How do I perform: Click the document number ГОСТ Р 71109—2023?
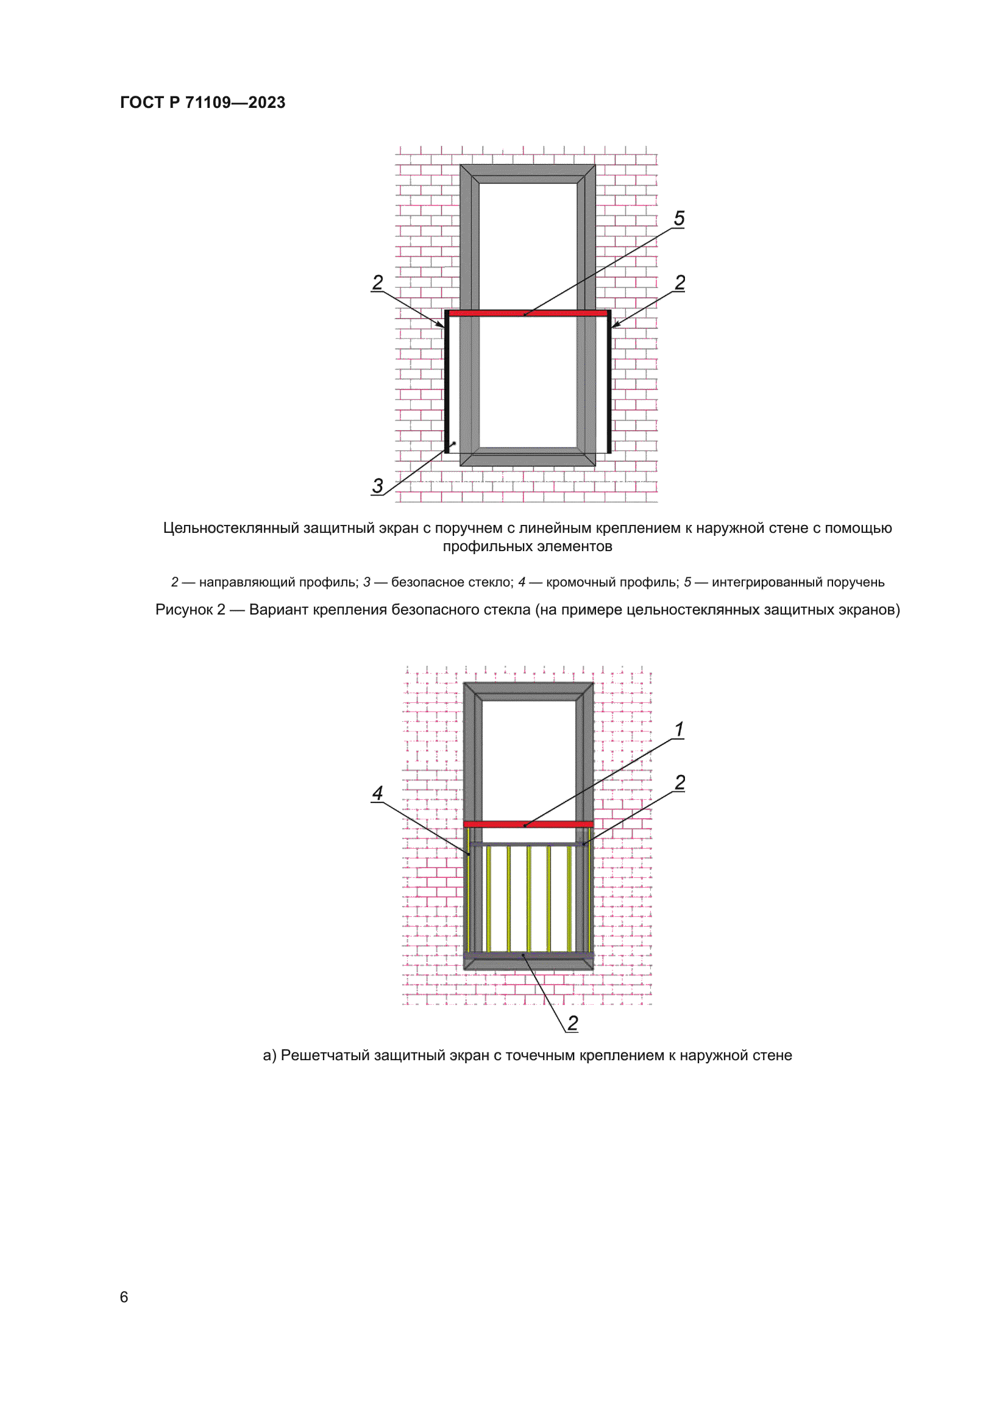point(202,102)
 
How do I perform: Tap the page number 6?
point(124,1297)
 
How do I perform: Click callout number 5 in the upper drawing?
point(679,219)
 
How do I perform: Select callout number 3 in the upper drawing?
point(377,485)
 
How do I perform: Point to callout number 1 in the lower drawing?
point(679,729)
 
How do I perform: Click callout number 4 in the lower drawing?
point(377,793)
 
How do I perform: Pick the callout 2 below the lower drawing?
point(572,1023)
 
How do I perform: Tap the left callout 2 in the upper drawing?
point(377,283)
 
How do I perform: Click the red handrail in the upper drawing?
point(528,313)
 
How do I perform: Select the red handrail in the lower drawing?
point(528,824)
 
